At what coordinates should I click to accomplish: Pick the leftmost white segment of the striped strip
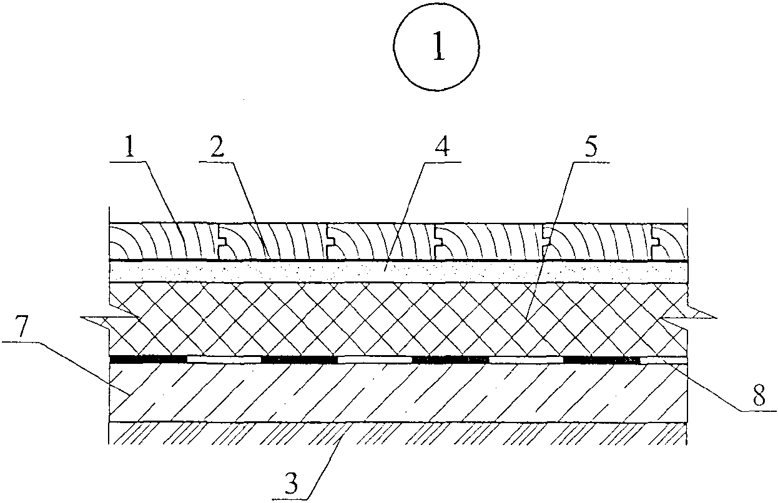[x=224, y=359]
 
